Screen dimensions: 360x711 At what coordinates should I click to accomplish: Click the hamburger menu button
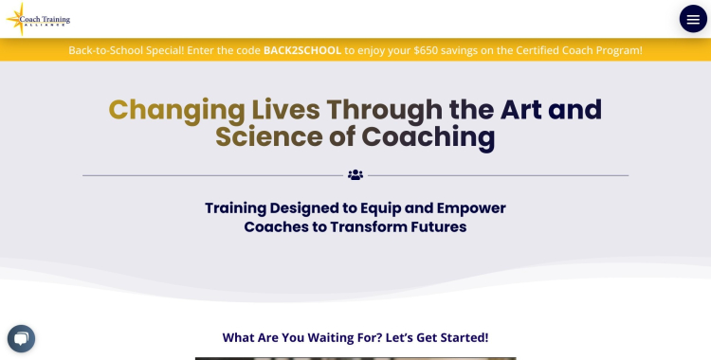[693, 19]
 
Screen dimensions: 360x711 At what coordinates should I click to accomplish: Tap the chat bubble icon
[21, 338]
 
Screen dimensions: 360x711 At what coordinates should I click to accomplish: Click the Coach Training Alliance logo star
[16, 18]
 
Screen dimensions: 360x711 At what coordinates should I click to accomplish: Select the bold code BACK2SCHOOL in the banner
[302, 49]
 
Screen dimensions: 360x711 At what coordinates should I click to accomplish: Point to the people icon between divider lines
[355, 175]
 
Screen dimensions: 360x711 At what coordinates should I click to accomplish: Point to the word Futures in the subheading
[436, 227]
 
